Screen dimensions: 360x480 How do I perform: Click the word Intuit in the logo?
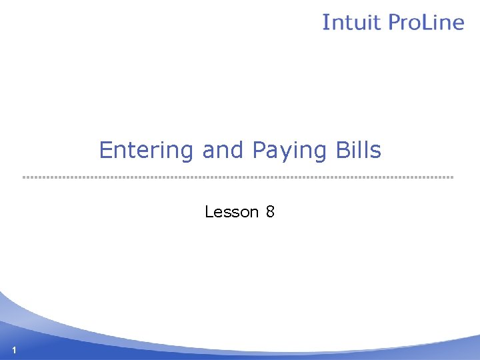pos(351,22)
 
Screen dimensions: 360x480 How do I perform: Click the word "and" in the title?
pos(223,151)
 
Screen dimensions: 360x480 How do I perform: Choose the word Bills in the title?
pos(358,150)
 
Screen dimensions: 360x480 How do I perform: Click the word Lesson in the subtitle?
pos(231,212)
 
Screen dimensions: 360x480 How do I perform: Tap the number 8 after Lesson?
pos(270,212)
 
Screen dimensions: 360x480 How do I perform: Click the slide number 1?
pos(14,351)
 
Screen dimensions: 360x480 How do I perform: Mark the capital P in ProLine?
pos(394,22)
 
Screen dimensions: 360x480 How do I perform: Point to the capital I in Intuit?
pos(325,22)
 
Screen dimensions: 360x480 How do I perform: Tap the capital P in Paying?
pos(259,150)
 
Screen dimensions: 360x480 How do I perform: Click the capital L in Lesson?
pos(209,212)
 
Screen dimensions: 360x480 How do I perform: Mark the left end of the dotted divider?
pos(24,177)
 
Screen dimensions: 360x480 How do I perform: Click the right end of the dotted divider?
pos(452,177)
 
